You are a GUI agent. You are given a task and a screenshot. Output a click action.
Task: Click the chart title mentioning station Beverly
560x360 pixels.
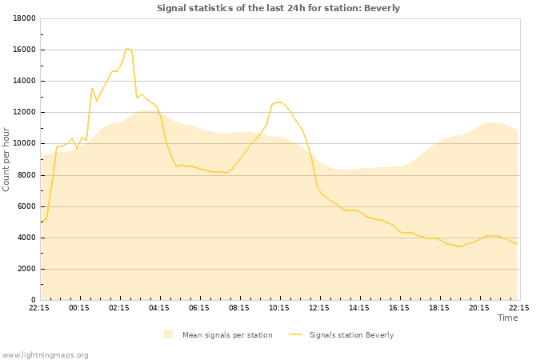[278, 8]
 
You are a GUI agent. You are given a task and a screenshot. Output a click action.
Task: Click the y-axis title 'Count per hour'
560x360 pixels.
[7, 159]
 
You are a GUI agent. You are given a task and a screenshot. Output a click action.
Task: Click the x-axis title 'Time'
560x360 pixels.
[507, 318]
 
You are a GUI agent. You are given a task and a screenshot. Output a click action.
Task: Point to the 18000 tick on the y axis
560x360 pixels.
[23, 18]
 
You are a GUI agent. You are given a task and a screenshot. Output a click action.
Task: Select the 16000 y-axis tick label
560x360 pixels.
[23, 50]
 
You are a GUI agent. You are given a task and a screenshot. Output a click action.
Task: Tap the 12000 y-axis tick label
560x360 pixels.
[23, 112]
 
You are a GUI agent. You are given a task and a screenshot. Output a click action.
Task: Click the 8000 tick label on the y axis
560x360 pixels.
[26, 175]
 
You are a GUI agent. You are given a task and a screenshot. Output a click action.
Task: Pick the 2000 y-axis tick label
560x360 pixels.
[26, 269]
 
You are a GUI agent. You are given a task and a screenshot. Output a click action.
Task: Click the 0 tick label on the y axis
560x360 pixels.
[33, 300]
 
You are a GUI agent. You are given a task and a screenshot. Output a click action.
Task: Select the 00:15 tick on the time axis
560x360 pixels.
[79, 307]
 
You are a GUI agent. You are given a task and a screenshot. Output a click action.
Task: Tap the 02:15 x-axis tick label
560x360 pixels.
[119, 307]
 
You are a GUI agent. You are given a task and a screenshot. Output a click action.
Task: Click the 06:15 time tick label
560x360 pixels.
[199, 307]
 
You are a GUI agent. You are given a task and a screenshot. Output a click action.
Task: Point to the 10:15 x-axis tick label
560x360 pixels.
[279, 307]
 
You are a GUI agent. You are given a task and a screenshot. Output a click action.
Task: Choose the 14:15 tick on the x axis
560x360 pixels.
[359, 307]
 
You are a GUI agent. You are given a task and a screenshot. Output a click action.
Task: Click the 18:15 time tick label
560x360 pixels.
[439, 307]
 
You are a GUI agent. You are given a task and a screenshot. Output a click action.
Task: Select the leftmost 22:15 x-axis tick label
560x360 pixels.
[39, 307]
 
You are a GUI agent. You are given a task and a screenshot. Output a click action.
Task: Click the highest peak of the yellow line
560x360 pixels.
[126, 48]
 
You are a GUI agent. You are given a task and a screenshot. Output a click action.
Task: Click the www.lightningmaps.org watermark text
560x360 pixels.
[46, 354]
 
